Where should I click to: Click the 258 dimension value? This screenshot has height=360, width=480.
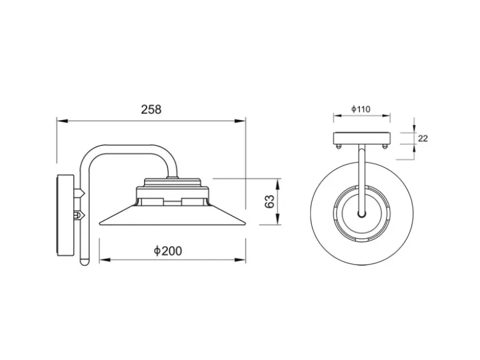[151, 110]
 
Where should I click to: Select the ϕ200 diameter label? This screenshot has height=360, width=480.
[168, 251]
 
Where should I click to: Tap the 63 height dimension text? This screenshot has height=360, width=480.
[270, 202]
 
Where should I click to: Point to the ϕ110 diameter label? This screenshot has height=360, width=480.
[361, 109]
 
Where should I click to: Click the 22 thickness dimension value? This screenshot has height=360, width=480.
[423, 138]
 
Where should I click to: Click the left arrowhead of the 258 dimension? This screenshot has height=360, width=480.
[62, 121]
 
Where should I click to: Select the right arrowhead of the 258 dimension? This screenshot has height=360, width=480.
[240, 121]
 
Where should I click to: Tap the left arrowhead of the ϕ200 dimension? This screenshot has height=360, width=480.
[105, 260]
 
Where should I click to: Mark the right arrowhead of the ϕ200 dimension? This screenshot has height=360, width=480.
[240, 260]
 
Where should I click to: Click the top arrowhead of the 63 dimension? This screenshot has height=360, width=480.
[278, 184]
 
